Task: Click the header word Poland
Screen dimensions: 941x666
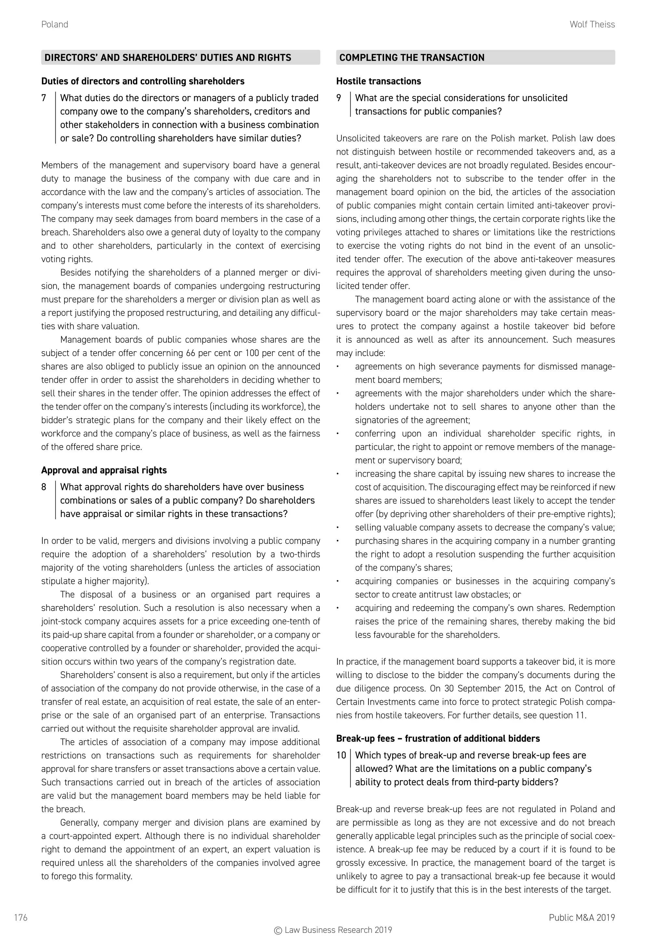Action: pyautogui.click(x=55, y=25)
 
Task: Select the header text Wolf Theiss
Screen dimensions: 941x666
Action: pyautogui.click(x=592, y=25)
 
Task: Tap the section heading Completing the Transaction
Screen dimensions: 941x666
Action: pyautogui.click(x=412, y=58)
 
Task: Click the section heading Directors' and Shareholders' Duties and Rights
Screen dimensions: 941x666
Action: pyautogui.click(x=168, y=58)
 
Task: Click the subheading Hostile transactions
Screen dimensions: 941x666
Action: pyautogui.click(x=379, y=82)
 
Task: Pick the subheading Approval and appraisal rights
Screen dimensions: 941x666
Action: pyautogui.click(x=104, y=470)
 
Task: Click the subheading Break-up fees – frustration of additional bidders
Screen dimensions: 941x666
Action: pyautogui.click(x=438, y=739)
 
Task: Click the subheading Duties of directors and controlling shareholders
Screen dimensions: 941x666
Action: pyautogui.click(x=143, y=82)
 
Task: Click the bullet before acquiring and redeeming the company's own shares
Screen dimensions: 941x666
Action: pyautogui.click(x=338, y=608)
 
